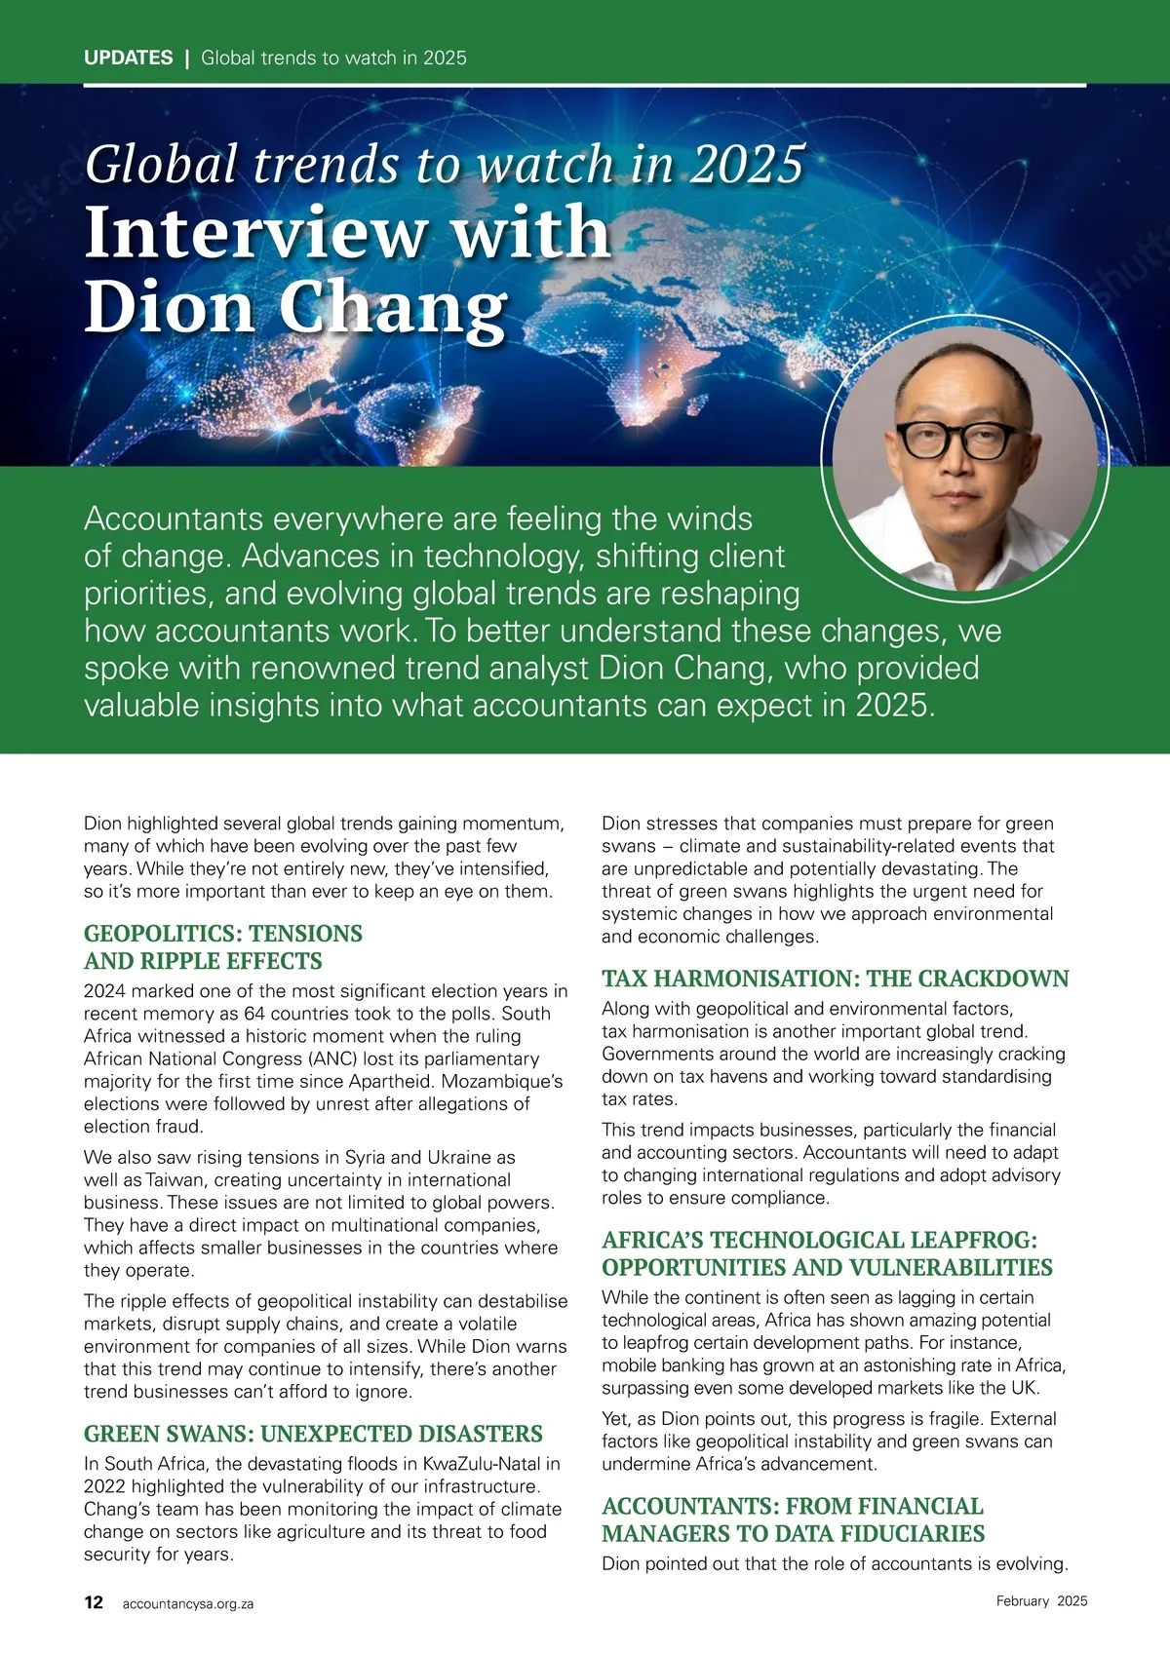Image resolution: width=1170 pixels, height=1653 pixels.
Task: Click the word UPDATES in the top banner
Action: point(128,58)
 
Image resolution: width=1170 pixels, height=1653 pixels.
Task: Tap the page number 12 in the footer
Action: point(94,1602)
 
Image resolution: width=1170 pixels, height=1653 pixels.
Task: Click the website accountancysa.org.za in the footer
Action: point(187,1603)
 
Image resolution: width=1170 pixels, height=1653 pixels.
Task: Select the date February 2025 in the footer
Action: point(1041,1600)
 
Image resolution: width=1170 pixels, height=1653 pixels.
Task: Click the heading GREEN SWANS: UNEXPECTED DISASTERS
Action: point(313,1434)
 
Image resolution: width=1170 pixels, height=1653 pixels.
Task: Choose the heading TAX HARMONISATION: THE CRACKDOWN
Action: point(835,979)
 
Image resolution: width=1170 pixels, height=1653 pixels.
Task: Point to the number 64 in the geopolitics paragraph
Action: point(254,1014)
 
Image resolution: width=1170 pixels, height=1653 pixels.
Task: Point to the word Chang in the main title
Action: point(393,310)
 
